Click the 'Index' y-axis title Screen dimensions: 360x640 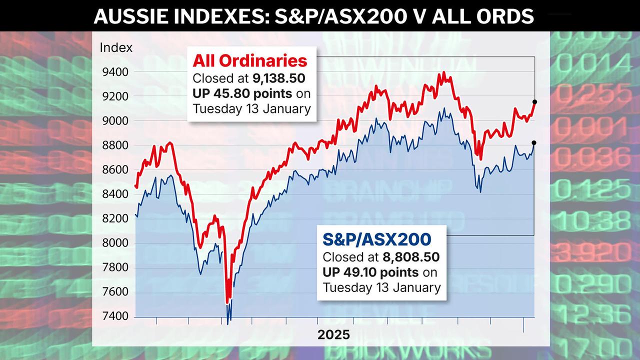[x=116, y=48]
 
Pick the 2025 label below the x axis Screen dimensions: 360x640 [x=333, y=335]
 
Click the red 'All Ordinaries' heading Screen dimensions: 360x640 [x=250, y=61]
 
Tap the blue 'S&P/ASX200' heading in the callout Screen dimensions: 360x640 [x=374, y=239]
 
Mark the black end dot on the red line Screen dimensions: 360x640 [x=534, y=102]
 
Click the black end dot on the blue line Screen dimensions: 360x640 [x=534, y=143]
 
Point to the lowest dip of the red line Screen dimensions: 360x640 [x=227, y=301]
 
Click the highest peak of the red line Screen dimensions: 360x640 [x=443, y=73]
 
